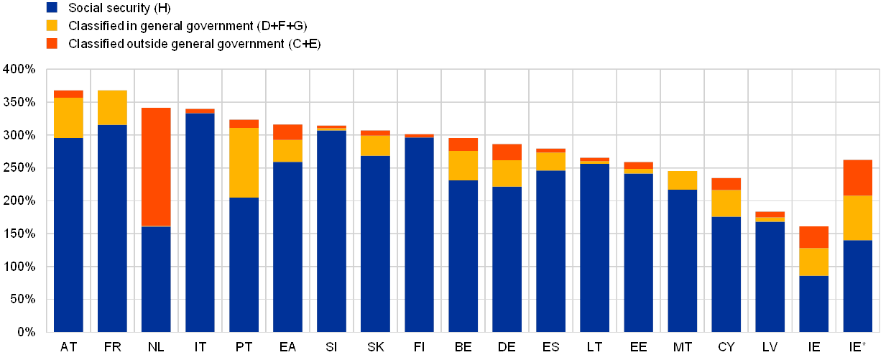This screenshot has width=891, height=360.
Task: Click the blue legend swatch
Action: pos(52,8)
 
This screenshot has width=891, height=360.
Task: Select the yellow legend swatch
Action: pos(52,26)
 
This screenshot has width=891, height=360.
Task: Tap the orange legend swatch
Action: pos(52,44)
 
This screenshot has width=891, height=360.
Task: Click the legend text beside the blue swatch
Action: pos(119,8)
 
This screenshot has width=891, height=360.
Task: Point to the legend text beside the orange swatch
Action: pos(195,45)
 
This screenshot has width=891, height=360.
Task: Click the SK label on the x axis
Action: pos(376,348)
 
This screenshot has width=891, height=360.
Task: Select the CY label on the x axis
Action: pos(726,348)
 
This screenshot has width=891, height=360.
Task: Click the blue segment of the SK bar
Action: pos(376,244)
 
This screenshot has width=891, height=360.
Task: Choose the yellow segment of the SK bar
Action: pos(376,146)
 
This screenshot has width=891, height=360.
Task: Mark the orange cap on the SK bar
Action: pos(376,133)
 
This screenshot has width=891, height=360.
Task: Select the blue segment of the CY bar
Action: pos(726,274)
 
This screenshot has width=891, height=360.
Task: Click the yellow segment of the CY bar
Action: pos(726,203)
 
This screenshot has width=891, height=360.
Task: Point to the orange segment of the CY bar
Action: pos(726,184)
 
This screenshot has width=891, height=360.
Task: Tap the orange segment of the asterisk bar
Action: pos(858,177)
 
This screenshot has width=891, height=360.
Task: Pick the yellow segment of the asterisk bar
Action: pos(858,218)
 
